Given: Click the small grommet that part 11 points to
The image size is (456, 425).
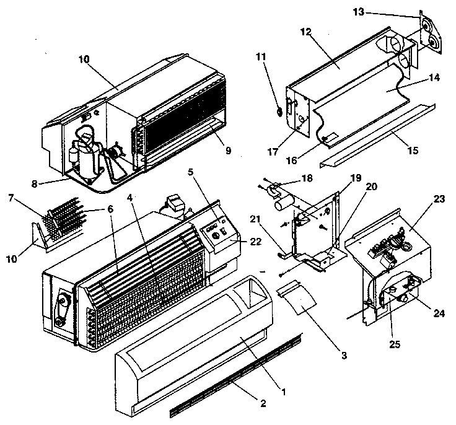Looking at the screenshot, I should [x=279, y=112].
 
